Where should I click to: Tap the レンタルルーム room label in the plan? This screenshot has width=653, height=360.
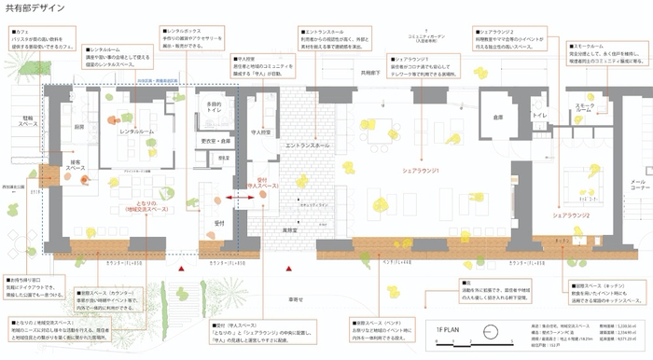pos(137,132)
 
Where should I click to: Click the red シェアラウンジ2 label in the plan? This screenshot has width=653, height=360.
pos(571,215)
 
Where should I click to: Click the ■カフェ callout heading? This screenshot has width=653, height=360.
pos(19,32)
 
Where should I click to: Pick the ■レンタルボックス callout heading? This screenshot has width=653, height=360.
pos(183,31)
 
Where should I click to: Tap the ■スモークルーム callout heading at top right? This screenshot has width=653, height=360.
pos(590,43)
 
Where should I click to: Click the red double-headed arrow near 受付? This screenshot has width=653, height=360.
pos(236,200)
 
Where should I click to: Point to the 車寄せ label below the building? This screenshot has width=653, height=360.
pos(296,299)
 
